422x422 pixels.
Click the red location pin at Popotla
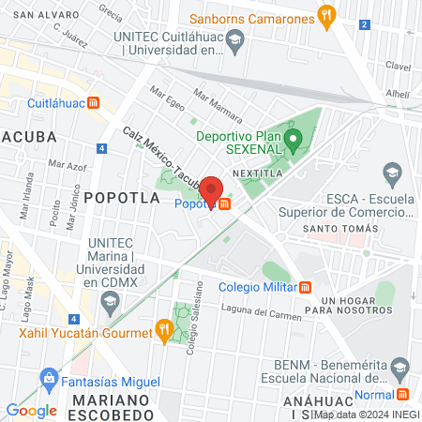(x=212, y=190)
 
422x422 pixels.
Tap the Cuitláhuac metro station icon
(x=93, y=103)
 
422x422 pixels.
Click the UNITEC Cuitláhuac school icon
(x=236, y=41)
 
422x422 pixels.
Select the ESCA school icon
(x=391, y=173)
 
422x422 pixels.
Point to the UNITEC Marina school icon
(x=111, y=302)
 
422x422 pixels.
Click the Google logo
(x=31, y=410)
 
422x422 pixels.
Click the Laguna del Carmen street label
(x=262, y=312)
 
